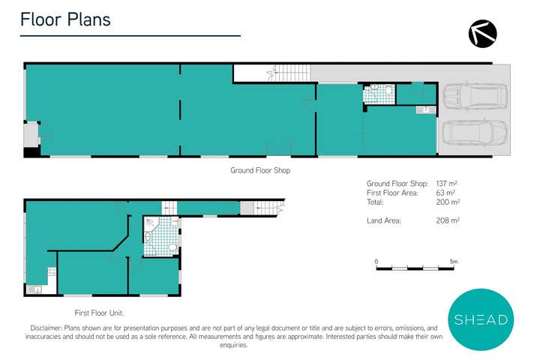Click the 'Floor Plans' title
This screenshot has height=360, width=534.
tap(65, 19)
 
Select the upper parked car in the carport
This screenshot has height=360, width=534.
tap(475, 95)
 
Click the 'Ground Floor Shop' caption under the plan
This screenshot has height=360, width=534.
tap(260, 170)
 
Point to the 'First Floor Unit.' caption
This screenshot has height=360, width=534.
tap(99, 312)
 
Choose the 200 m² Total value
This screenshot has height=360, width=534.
tap(447, 202)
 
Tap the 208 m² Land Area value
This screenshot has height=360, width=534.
tap(447, 220)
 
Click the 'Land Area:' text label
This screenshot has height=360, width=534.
tap(384, 220)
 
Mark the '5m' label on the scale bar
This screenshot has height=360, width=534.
tap(453, 262)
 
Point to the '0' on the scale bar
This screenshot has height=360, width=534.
tap(376, 262)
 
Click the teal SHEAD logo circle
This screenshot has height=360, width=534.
tap(481, 319)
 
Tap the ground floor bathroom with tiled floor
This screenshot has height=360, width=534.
tap(380, 93)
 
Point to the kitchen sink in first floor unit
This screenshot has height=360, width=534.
tap(33, 289)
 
